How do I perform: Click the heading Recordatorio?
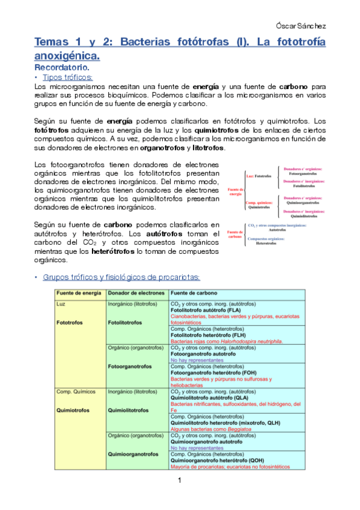pos(63,67)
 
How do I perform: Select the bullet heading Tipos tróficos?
pos(68,78)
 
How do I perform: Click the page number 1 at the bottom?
pos(179,481)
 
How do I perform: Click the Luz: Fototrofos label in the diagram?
pos(259,176)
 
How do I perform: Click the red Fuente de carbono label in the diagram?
pos(235,235)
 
